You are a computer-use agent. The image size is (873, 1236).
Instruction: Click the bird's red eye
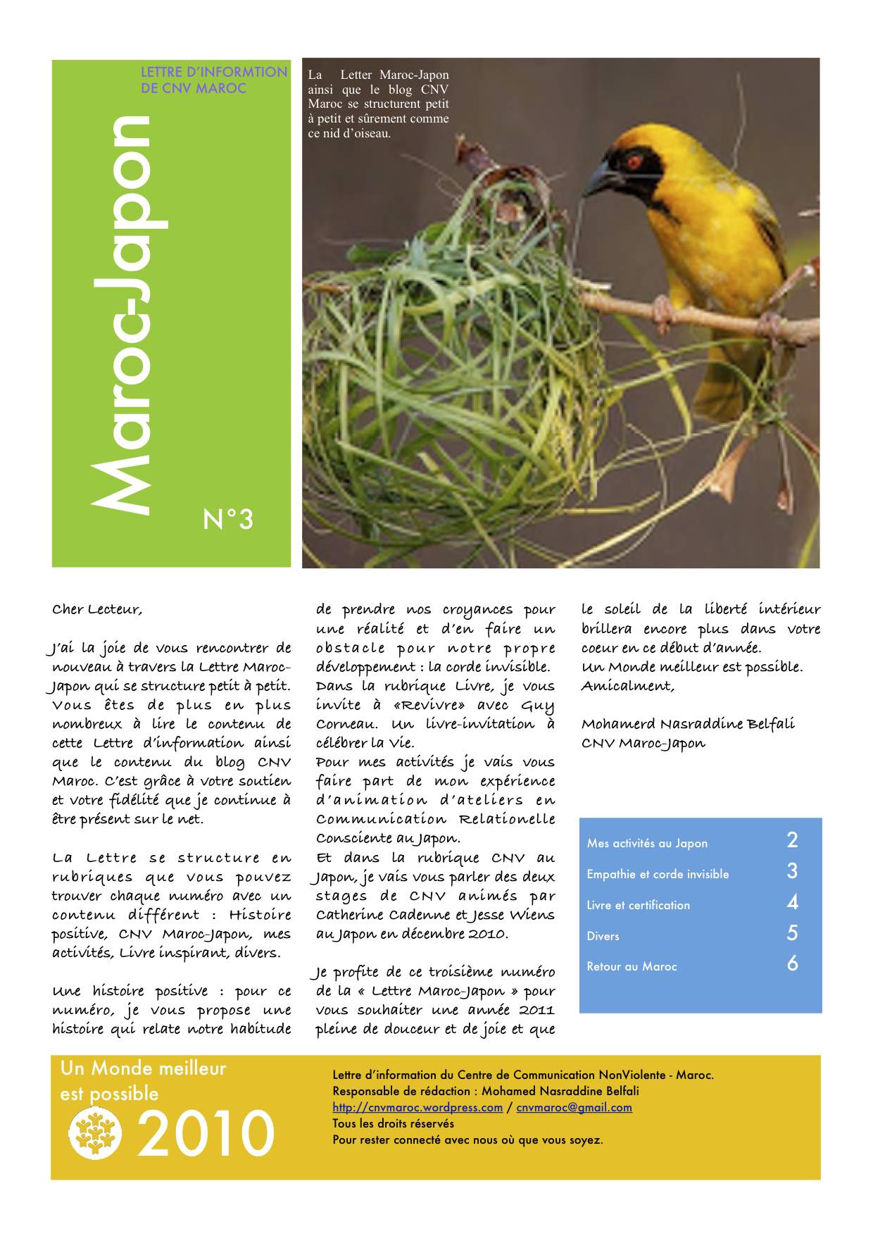[634, 161]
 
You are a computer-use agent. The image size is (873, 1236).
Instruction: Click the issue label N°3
[227, 520]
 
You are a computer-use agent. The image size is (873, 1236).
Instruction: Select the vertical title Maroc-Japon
[125, 314]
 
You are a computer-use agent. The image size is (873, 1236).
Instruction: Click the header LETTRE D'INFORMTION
[214, 72]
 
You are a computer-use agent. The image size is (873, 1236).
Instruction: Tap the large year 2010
[205, 1134]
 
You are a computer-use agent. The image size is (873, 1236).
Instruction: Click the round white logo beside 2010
[95, 1132]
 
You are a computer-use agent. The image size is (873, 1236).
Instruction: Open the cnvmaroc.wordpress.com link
[417, 1107]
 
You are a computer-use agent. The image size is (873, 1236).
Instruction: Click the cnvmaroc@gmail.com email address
[574, 1107]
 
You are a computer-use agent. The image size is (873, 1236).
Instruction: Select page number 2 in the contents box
[792, 840]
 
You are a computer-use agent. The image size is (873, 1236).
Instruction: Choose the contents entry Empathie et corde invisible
[658, 874]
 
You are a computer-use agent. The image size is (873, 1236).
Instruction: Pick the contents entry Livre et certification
[638, 905]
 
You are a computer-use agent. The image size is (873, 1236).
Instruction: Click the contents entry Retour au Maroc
[632, 966]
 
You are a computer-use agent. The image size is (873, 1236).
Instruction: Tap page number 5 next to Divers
[792, 933]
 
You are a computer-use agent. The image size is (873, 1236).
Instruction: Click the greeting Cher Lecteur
[97, 610]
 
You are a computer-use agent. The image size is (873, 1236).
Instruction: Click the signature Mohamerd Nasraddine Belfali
[688, 724]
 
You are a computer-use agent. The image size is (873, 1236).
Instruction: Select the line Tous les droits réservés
[393, 1123]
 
